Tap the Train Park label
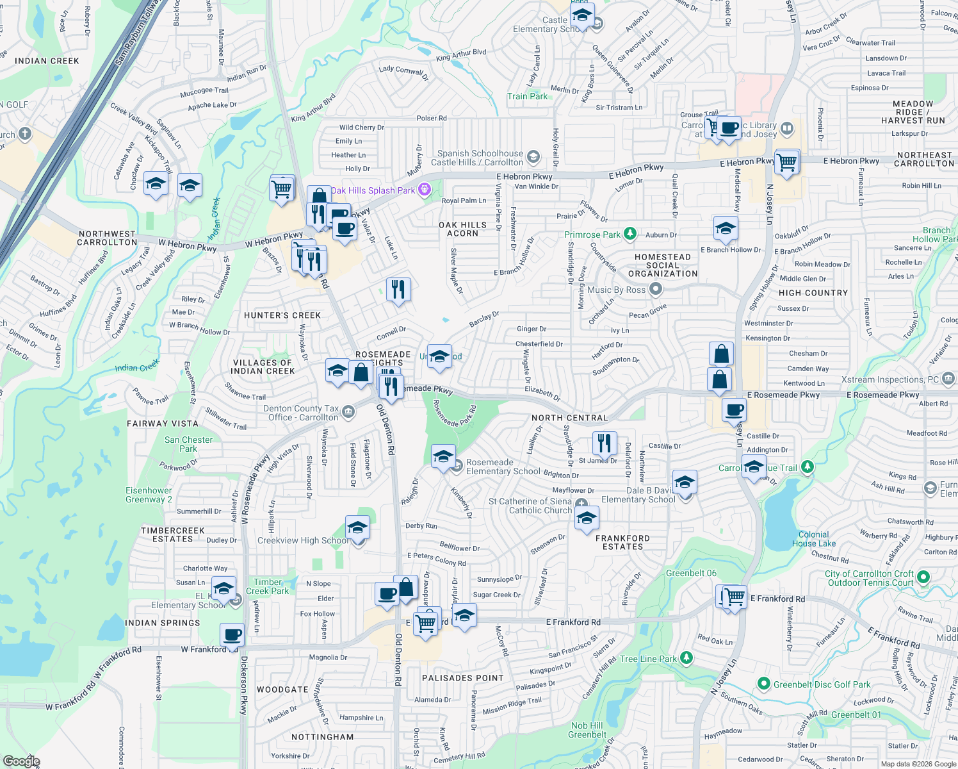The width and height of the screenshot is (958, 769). coord(527,97)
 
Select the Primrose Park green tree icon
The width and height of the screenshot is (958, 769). coord(630,234)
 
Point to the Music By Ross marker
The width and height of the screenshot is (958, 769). coord(655,290)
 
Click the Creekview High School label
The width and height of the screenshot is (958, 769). coord(303,541)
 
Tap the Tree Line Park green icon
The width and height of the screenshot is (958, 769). coord(686,658)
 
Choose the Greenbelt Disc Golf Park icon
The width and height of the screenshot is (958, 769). coord(763,684)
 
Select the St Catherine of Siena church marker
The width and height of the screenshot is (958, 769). coord(581,504)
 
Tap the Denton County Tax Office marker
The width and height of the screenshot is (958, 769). coord(348,411)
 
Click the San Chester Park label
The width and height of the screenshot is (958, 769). coord(188,444)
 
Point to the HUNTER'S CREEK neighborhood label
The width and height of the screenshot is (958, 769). coord(282,315)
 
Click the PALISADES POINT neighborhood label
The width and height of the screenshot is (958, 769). coord(463,678)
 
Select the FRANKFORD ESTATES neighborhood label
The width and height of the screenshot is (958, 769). coord(622,543)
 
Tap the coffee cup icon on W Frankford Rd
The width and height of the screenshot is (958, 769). coord(232,634)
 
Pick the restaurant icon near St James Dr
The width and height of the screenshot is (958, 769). coord(605,442)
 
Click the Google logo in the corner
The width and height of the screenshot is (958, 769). coord(21,761)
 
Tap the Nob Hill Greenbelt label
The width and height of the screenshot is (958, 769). coord(587,730)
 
